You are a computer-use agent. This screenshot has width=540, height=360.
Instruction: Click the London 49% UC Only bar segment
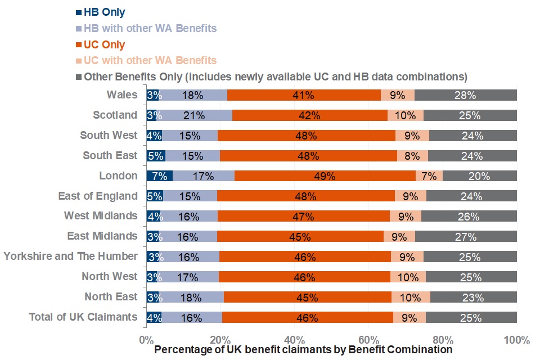click(325, 176)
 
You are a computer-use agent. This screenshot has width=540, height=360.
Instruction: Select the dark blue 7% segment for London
click(159, 176)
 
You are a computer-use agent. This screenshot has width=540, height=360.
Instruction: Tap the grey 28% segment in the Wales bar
click(465, 95)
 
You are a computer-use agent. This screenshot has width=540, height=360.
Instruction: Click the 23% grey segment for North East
click(473, 297)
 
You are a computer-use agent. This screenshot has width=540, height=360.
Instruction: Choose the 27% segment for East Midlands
click(466, 236)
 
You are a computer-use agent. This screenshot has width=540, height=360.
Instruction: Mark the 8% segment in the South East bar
click(412, 156)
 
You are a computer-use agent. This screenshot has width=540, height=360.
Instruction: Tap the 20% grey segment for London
click(479, 176)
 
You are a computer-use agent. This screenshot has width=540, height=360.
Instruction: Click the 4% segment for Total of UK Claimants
click(154, 317)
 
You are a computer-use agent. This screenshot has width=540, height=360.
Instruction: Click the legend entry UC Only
click(104, 44)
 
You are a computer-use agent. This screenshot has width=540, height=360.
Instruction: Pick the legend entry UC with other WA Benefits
click(150, 60)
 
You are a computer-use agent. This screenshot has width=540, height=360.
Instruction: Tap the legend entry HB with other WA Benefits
click(150, 28)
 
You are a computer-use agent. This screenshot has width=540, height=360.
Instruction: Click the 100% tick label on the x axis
click(516, 340)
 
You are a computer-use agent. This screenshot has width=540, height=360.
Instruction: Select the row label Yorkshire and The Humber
click(71, 256)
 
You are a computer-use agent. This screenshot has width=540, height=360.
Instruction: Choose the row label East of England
click(98, 196)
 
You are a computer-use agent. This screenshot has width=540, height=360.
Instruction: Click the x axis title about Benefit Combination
click(304, 350)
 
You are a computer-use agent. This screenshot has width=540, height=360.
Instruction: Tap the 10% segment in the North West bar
click(408, 277)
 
